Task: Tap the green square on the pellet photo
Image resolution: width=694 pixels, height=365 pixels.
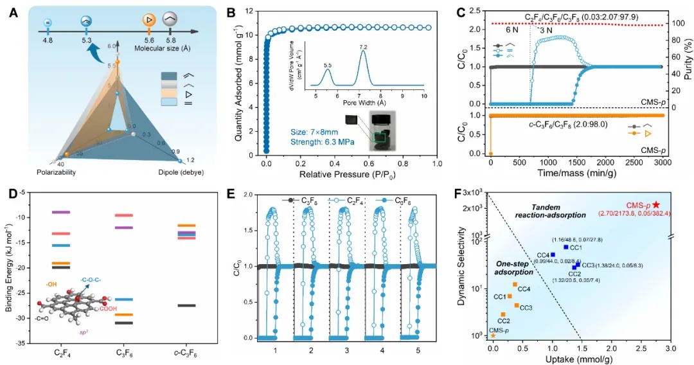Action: [x=381, y=137]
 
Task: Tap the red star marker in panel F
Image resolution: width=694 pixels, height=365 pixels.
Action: [x=655, y=204]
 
